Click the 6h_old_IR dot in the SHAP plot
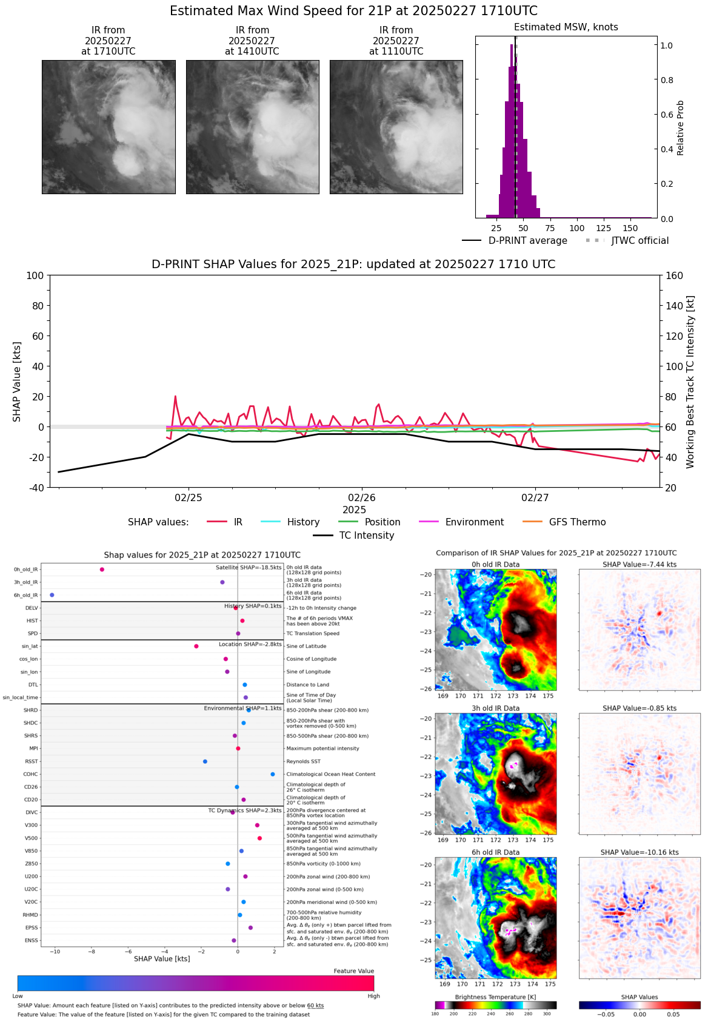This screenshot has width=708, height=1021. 52,595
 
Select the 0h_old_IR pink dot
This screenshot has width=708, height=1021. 102,570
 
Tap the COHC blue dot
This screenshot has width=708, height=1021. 273,774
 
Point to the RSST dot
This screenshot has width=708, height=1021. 205,761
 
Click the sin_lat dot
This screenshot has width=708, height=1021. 196,646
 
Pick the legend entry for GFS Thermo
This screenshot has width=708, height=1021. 577,522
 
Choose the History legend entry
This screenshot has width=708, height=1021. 303,522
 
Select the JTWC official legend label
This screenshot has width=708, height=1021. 640,241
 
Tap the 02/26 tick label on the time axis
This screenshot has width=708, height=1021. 362,498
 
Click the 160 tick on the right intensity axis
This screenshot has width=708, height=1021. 674,276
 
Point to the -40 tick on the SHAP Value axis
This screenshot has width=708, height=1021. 35,488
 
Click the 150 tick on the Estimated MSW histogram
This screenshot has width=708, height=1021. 630,228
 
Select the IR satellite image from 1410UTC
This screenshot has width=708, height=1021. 252,127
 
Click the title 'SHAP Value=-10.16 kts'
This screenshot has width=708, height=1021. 640,852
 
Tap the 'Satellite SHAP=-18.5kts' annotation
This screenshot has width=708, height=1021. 249,568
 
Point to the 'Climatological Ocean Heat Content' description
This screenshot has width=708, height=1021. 330,774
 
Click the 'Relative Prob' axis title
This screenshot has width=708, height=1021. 680,128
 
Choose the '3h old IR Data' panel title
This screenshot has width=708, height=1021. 495,709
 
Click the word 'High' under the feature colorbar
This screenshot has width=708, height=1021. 373,996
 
